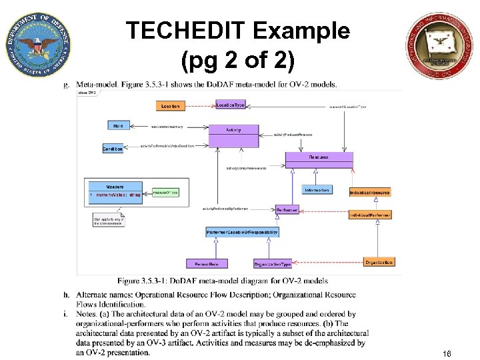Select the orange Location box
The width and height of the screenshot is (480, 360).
[170, 106]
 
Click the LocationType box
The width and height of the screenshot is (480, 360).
[231, 105]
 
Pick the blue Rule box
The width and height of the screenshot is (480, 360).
[118, 125]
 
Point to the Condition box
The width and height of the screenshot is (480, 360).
[113, 149]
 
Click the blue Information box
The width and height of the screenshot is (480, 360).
[317, 190]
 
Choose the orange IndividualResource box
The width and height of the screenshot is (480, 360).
[370, 192]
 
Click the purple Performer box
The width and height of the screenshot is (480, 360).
[287, 210]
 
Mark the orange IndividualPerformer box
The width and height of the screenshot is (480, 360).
[370, 215]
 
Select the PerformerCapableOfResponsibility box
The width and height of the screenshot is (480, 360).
[242, 232]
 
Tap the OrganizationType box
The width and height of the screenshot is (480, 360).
[272, 263]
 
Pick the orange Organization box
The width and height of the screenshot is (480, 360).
[379, 263]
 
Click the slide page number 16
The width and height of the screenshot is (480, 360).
[446, 353]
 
